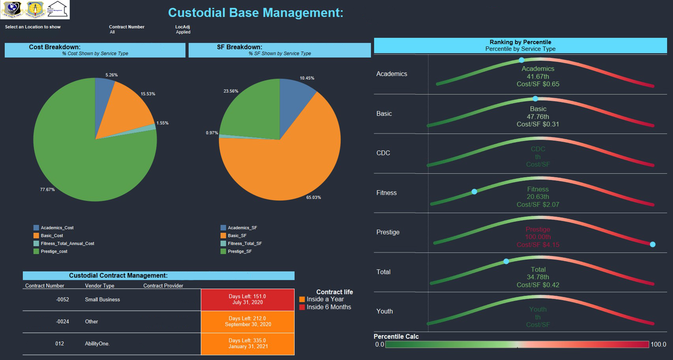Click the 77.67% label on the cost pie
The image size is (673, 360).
(x=47, y=190)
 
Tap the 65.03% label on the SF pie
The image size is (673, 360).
(x=314, y=197)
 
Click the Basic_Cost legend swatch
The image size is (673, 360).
(x=36, y=236)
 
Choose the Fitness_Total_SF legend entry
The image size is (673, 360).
(x=245, y=244)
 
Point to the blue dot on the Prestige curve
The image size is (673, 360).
(x=652, y=244)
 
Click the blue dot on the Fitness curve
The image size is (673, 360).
(x=474, y=191)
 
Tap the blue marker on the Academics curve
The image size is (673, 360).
(x=522, y=60)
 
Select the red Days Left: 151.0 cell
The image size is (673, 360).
(x=247, y=299)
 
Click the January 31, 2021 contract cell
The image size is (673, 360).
(x=248, y=344)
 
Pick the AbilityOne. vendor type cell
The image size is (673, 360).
(x=97, y=344)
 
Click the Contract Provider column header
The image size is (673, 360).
(x=163, y=286)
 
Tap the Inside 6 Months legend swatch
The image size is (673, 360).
(x=302, y=307)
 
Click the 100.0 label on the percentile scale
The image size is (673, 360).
(x=658, y=345)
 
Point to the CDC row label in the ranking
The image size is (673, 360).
(x=383, y=153)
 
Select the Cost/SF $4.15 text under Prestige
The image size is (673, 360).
(x=538, y=245)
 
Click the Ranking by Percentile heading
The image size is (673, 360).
(x=520, y=42)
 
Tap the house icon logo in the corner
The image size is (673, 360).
(x=58, y=9)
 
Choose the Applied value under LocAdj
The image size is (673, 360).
(x=183, y=32)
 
